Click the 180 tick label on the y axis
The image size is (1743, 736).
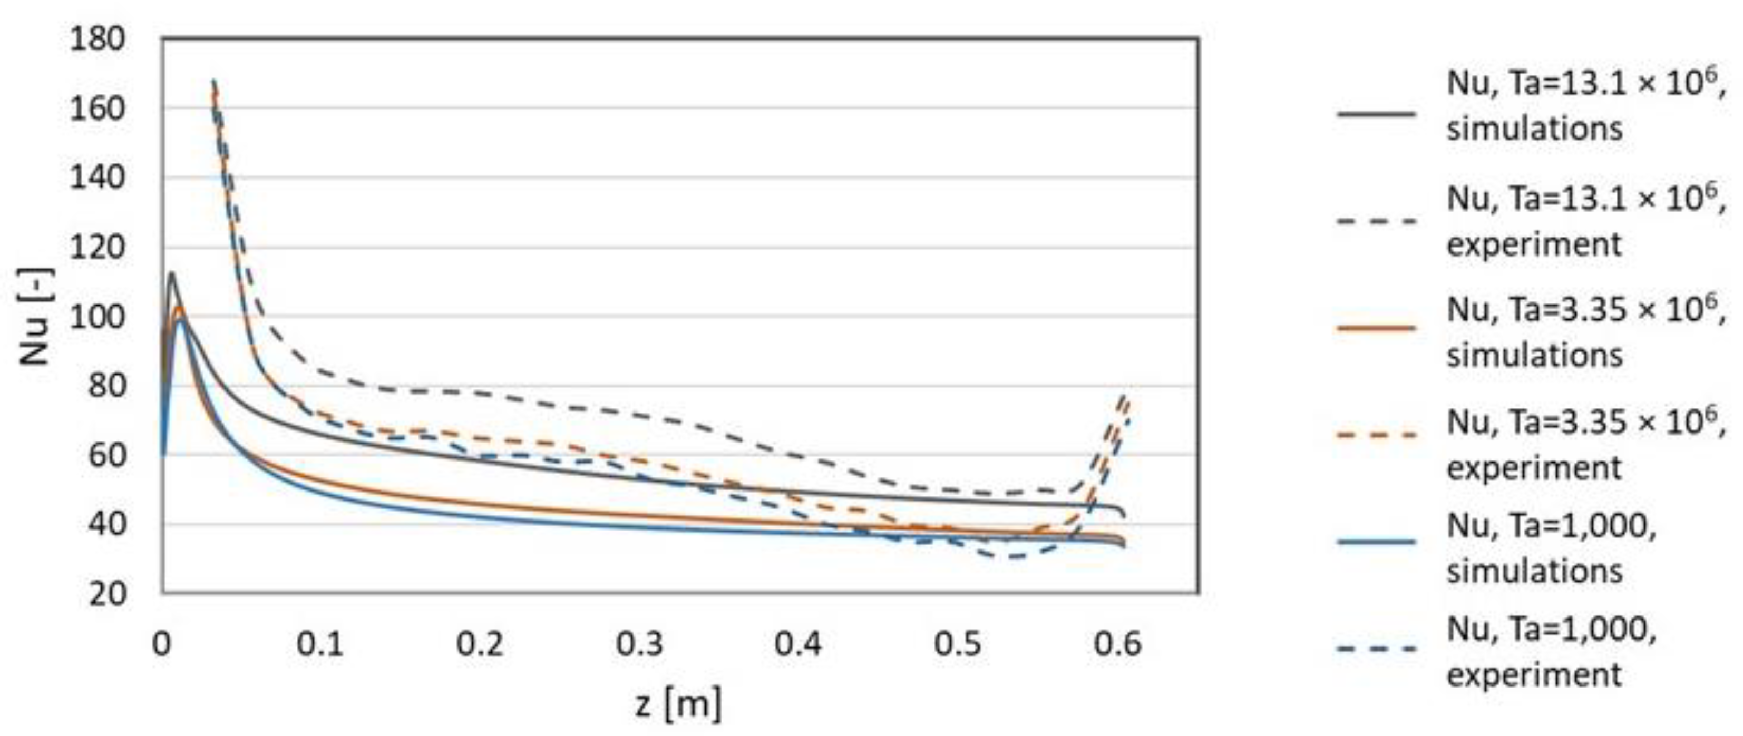pos(98,39)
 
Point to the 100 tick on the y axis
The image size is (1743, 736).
pos(98,317)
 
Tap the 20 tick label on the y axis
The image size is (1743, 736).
pos(107,594)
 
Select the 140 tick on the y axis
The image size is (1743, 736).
pos(98,178)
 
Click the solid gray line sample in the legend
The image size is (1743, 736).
pos(1376,114)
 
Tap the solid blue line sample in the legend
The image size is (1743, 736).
pos(1376,541)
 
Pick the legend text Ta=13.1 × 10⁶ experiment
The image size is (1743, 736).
pos(1583,221)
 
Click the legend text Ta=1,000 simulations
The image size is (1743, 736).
pos(1550,548)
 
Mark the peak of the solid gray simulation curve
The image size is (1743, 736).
pos(171,273)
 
